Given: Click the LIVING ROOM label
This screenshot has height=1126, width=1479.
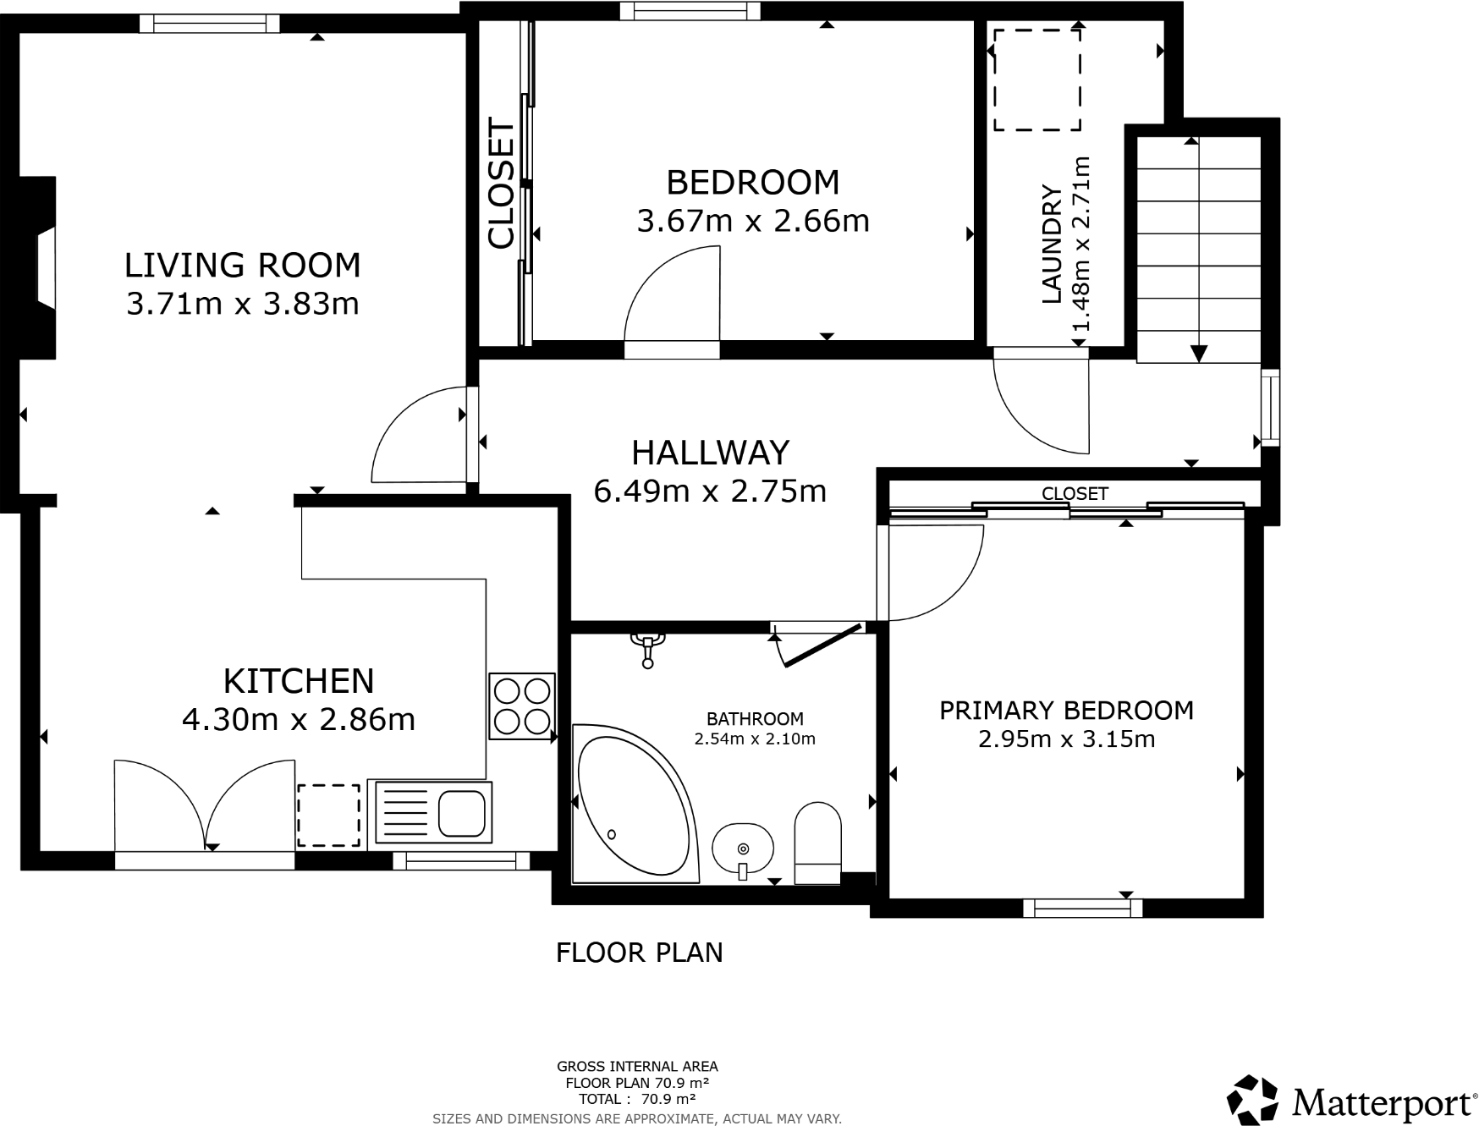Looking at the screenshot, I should pos(242,266).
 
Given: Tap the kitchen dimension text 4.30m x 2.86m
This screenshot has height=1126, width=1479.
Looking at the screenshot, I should pos(299,720).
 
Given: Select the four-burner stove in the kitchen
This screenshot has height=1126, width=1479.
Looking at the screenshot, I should pos(522,706).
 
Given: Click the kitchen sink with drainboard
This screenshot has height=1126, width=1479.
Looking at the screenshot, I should pos(432,812).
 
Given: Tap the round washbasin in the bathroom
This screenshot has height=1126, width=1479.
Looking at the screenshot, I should pos(742,849).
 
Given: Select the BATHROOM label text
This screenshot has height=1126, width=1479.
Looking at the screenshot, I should pos(755,719).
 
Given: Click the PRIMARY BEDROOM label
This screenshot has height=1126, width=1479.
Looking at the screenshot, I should pos(1066,711).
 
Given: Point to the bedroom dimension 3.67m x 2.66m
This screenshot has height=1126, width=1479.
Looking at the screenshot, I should pos(752,222).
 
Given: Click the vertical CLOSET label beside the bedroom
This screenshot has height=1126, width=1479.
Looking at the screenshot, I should pos(502,185).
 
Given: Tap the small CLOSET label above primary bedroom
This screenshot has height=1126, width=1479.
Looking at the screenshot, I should pos(1075,493).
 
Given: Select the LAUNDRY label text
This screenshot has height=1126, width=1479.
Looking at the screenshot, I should pos(1051,244).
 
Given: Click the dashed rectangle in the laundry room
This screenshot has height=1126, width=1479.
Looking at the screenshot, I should pos(1037,80).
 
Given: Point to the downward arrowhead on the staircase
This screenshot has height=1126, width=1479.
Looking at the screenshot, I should pos(1198,354).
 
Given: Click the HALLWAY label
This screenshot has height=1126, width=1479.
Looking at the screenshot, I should pos(710,453).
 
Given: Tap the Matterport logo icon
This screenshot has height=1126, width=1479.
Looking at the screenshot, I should pos(1252,1101).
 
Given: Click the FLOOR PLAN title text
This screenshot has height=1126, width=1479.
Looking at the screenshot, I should pos(639,953).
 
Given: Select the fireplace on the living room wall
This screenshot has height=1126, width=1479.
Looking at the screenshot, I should pos(41,268).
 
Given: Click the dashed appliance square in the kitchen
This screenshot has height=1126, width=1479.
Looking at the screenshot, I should pos(328,815).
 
